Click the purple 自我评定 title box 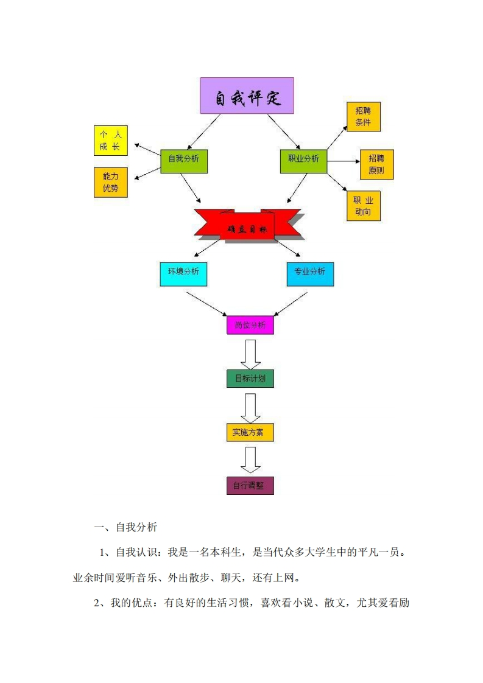tap(247, 96)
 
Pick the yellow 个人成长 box tap(110, 141)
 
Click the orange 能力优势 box tap(110, 182)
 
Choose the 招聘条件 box tap(363, 116)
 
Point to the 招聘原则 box tap(376, 164)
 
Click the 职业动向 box tap(363, 206)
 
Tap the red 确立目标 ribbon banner tap(247, 226)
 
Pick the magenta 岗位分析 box tap(250, 325)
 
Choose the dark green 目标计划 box tap(250, 378)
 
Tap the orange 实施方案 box tap(250, 432)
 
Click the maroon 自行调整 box tap(250, 486)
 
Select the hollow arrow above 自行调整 tap(250, 460)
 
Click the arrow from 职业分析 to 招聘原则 tap(343, 161)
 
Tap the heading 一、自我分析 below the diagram tap(125, 527)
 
